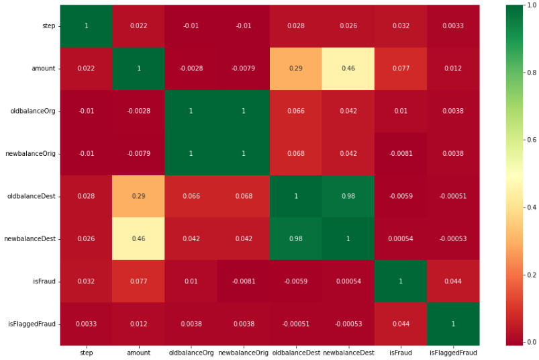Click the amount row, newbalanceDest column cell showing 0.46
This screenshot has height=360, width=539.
(348, 69)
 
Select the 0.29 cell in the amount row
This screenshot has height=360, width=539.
(296, 69)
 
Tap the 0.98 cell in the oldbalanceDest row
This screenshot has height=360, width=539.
(348, 196)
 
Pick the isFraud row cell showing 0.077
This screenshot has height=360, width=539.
(138, 281)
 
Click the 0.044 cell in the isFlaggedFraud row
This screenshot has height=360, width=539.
(401, 324)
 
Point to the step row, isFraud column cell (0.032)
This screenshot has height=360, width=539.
(401, 26)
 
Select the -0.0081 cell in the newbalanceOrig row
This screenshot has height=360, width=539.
(401, 154)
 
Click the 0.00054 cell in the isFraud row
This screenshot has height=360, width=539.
(348, 281)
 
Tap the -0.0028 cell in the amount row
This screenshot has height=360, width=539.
(191, 69)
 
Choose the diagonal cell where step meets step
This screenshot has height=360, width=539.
(86, 26)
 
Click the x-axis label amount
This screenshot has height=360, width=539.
(138, 352)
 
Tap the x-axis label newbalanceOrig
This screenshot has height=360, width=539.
(243, 352)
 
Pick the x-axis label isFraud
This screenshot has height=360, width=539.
(401, 352)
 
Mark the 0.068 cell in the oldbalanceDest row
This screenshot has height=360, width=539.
(243, 196)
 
